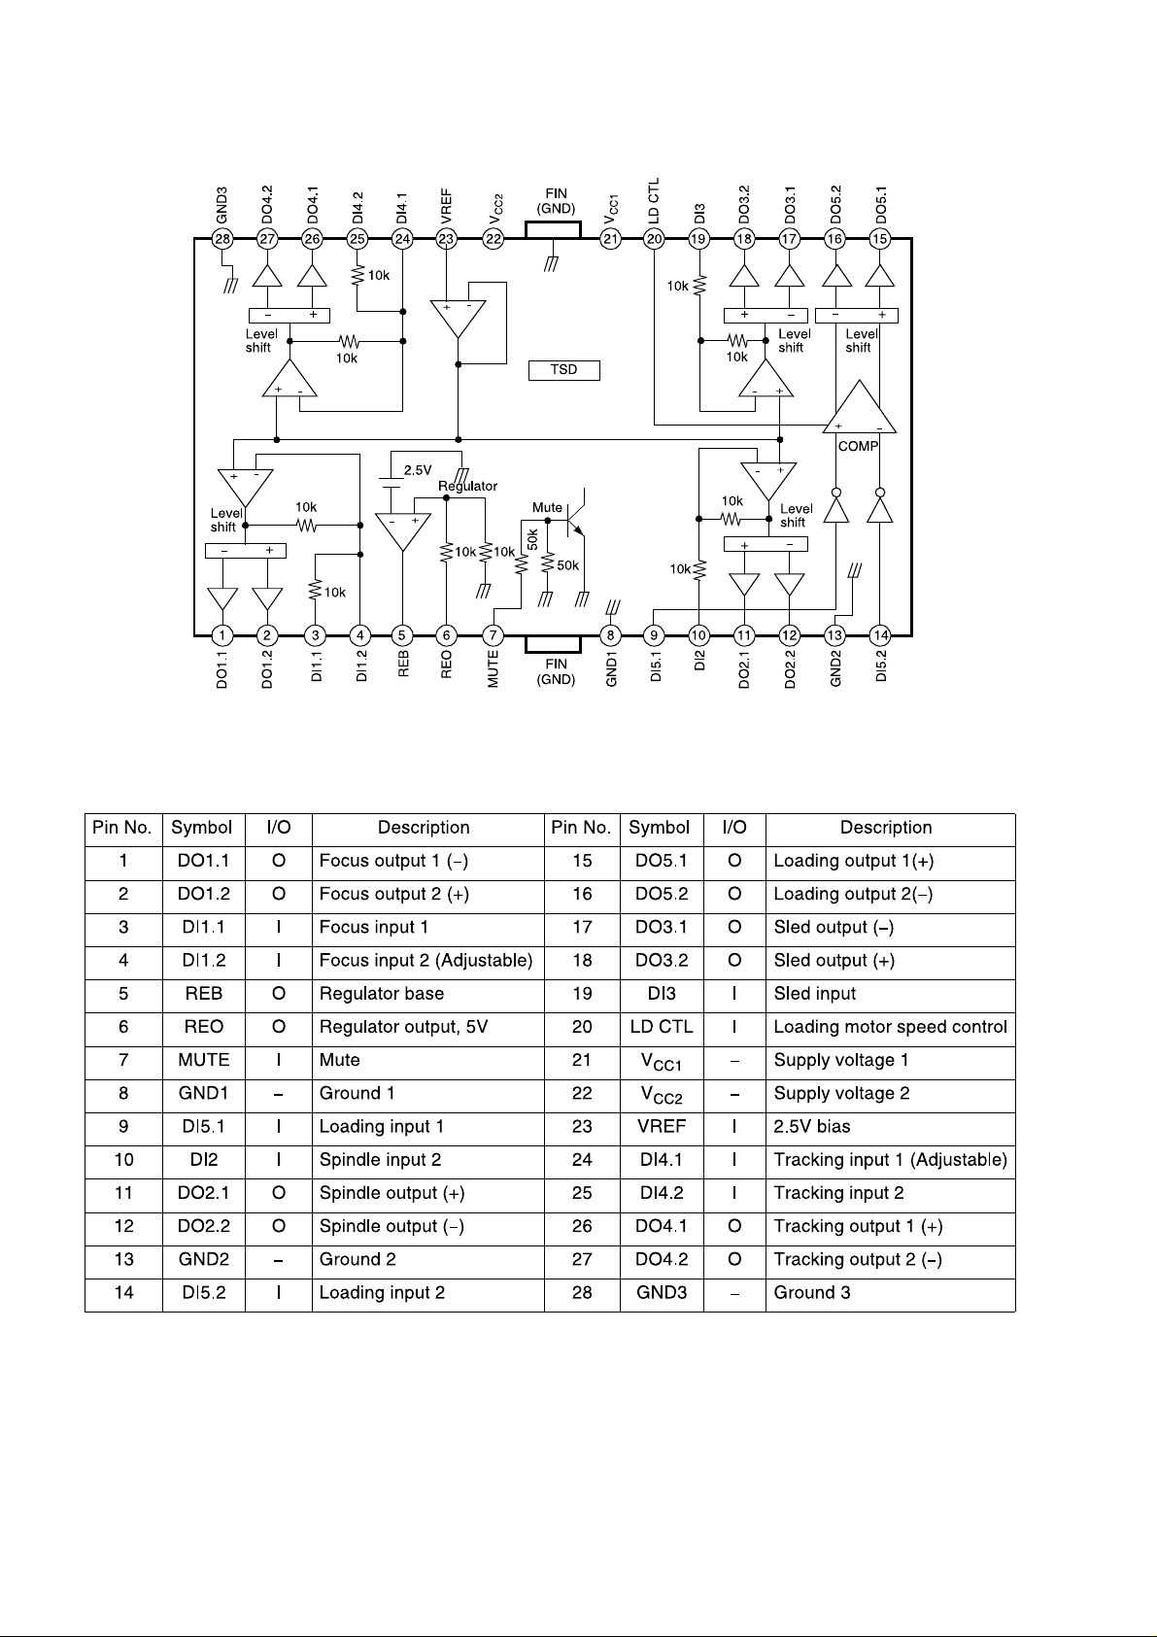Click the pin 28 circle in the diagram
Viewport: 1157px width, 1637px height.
[x=222, y=239]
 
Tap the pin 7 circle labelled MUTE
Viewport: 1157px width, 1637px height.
[x=493, y=635]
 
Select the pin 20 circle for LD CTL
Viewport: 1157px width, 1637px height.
[x=654, y=239]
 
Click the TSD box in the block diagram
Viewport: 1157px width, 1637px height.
[x=564, y=370]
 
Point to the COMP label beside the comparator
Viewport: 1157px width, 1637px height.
[x=858, y=447]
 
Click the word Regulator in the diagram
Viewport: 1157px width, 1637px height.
[x=467, y=486]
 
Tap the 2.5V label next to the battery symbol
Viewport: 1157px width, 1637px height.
[x=418, y=470]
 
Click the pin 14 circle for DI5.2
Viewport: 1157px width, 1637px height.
[x=880, y=635]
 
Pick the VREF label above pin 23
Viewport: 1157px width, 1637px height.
[x=447, y=208]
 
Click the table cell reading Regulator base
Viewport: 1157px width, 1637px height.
[x=382, y=994]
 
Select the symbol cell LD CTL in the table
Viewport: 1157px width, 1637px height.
[x=662, y=1027]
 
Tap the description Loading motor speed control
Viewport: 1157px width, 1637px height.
[x=890, y=1027]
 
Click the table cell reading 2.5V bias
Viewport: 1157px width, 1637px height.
[x=812, y=1127]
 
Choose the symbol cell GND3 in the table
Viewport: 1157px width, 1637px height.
[x=662, y=1293]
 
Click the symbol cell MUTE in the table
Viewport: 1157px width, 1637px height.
[x=204, y=1060]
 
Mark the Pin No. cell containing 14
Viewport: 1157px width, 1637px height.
[x=123, y=1293]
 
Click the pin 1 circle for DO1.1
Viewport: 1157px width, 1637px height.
[x=222, y=635]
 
